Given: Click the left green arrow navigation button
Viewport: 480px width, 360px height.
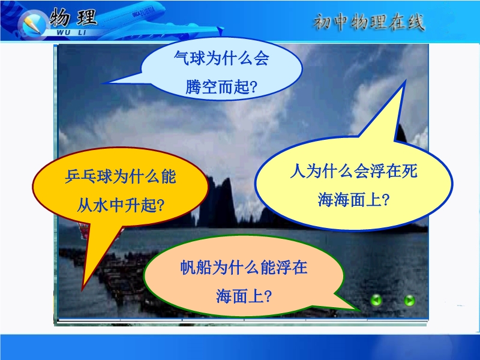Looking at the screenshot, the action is click(376, 300).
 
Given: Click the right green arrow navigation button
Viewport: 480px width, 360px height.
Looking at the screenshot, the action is click(409, 301).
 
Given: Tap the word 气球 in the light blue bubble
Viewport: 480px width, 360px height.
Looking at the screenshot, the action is click(190, 58).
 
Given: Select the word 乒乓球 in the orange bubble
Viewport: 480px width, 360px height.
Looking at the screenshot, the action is click(89, 176).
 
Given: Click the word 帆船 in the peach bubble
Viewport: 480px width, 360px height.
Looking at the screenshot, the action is click(196, 267).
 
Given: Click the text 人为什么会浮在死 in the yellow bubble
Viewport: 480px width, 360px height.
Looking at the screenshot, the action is click(353, 171).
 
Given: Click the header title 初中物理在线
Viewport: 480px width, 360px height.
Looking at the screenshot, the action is click(369, 22).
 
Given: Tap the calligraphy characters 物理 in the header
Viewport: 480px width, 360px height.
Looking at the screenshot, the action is click(73, 17).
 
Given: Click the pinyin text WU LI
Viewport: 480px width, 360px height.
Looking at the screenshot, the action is click(71, 32).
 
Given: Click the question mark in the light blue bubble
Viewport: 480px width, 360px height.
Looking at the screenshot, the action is click(253, 87).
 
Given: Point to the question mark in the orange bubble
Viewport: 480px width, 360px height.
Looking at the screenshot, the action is click(160, 206).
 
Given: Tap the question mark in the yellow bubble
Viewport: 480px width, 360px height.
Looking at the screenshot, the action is click(385, 200).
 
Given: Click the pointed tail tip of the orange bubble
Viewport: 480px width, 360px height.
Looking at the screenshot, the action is click(82, 290).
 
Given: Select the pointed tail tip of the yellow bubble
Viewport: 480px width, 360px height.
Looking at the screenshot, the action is click(406, 81).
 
